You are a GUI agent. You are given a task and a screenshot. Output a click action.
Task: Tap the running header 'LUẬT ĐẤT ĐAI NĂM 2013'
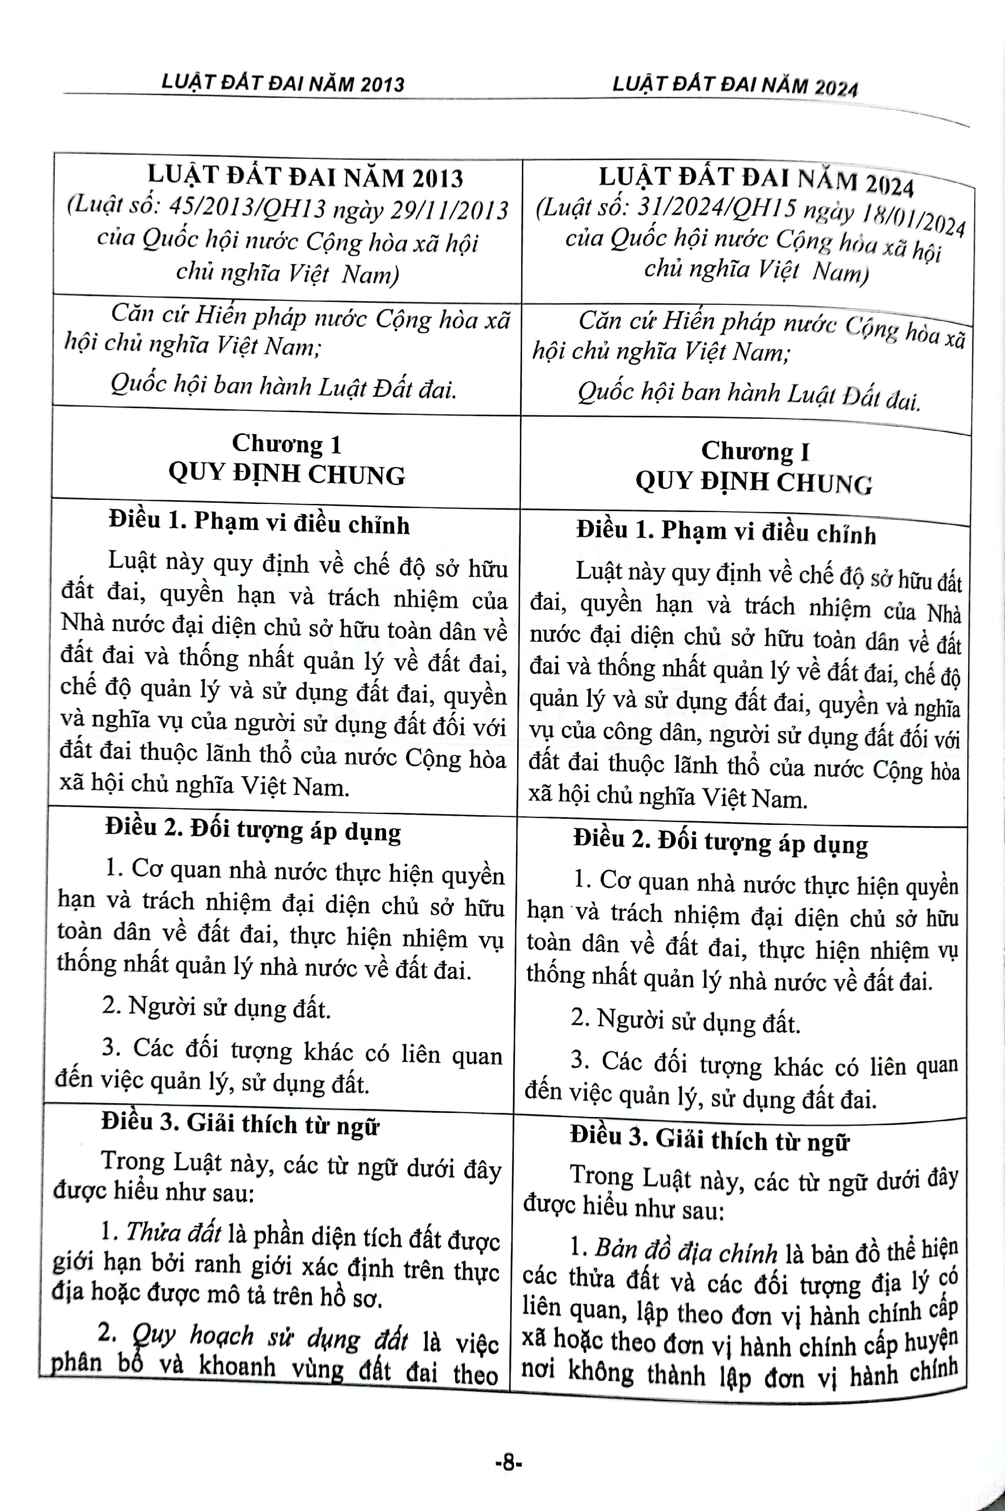[283, 83]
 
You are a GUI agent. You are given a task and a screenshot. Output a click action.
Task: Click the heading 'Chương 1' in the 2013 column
[287, 443]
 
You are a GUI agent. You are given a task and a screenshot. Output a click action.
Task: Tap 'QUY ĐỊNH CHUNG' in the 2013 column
[287, 475]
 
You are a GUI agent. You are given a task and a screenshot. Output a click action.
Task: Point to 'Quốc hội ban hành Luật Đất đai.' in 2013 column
[283, 387]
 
